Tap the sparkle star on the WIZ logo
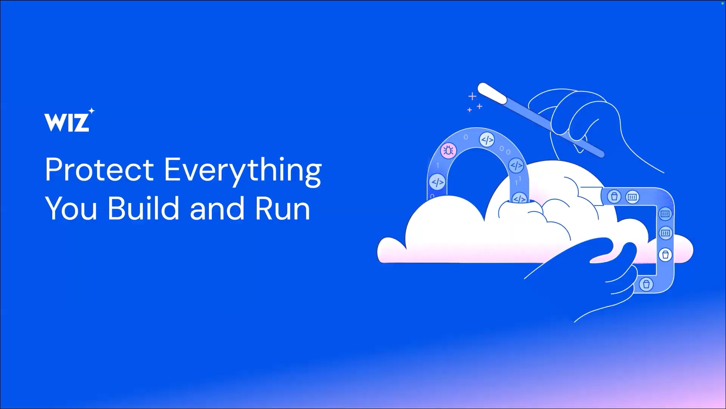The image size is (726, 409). tap(91, 111)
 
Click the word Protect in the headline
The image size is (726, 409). tap(99, 169)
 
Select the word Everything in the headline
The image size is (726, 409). tap(243, 172)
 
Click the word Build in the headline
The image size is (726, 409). tap(144, 208)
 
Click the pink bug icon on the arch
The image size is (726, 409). tap(448, 151)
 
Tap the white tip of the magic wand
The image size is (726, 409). tap(492, 93)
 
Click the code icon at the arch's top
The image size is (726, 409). tap(487, 140)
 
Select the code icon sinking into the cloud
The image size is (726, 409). tap(520, 198)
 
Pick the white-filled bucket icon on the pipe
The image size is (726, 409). tap(666, 254)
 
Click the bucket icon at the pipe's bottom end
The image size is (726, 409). tap(646, 284)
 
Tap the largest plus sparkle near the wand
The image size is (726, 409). tap(472, 96)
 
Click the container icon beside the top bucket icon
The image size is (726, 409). tap(632, 197)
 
